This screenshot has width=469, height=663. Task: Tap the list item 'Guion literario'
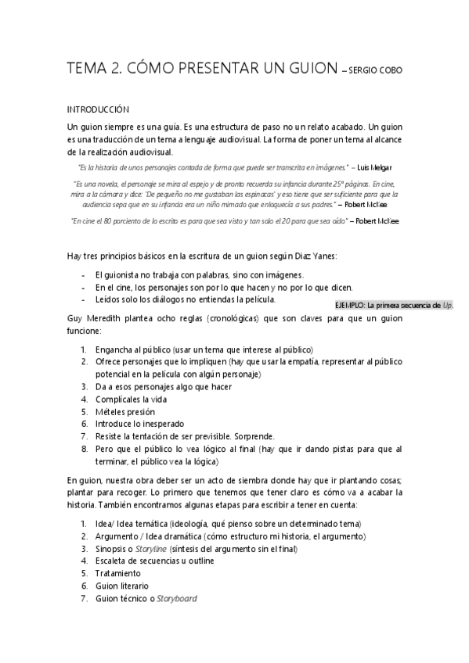click(x=121, y=586)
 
